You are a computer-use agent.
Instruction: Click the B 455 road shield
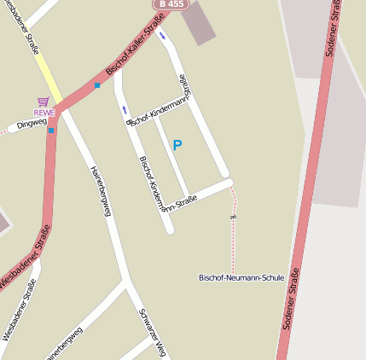pyautogui.click(x=171, y=4)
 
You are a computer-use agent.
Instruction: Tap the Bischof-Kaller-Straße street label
pyautogui.click(x=135, y=50)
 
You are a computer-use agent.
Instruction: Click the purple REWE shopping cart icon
pyautogui.click(x=44, y=102)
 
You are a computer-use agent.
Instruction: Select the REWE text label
pyautogui.click(x=44, y=112)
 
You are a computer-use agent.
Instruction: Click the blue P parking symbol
pyautogui.click(x=177, y=145)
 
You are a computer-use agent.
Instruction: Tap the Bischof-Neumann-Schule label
pyautogui.click(x=241, y=277)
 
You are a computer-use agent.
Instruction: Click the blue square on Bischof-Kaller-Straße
pyautogui.click(x=97, y=85)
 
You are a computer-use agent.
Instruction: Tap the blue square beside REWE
pyautogui.click(x=51, y=130)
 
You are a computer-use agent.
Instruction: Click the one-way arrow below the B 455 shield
pyautogui.click(x=162, y=36)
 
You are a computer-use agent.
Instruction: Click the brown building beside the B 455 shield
pyautogui.click(x=199, y=23)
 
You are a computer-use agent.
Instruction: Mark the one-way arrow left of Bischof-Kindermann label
pyautogui.click(x=125, y=109)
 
